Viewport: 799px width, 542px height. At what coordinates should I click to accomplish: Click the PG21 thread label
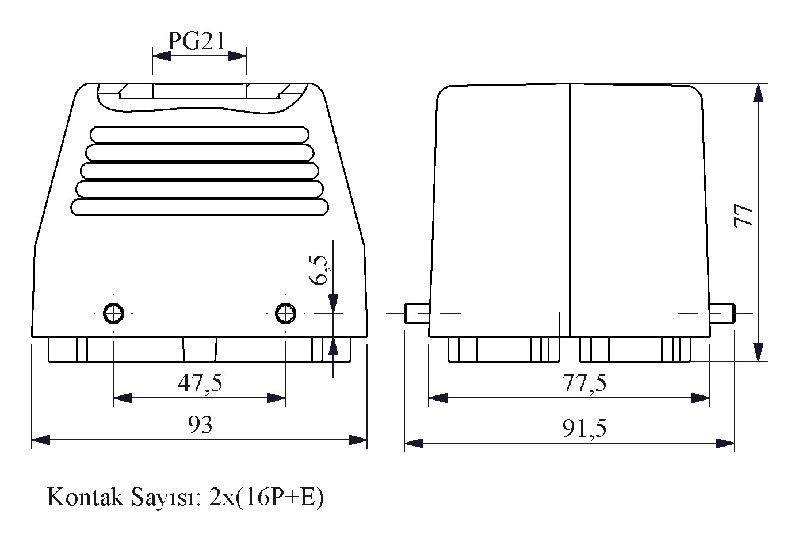(197, 41)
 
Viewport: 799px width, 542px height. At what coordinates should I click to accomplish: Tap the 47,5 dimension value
(200, 383)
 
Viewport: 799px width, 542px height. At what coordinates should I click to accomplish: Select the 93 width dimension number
(200, 424)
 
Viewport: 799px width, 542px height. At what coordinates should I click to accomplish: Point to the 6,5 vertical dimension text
(319, 270)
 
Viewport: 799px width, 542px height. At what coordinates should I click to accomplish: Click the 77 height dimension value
(743, 216)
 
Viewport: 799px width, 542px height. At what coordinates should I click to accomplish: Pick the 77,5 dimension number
(584, 383)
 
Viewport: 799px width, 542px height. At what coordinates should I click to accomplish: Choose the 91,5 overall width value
(584, 428)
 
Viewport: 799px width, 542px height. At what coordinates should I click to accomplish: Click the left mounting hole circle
(113, 314)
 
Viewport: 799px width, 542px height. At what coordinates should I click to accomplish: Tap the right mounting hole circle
(285, 314)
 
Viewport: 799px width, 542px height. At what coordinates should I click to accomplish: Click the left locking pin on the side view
(416, 313)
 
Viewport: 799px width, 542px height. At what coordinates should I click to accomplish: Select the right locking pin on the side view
(722, 313)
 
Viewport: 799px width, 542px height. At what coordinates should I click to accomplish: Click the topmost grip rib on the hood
(200, 134)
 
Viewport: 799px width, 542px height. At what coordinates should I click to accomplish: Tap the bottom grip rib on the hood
(200, 207)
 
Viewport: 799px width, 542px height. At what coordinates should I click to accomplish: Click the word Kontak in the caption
(85, 497)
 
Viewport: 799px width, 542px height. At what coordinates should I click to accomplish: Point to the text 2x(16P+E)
(266, 498)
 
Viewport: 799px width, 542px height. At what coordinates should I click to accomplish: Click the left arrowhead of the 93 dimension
(41, 440)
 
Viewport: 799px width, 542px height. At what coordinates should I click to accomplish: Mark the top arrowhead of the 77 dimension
(758, 93)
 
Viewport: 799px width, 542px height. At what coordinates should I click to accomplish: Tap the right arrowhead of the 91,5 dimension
(725, 443)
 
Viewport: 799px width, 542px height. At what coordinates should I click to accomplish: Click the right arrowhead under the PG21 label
(237, 56)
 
